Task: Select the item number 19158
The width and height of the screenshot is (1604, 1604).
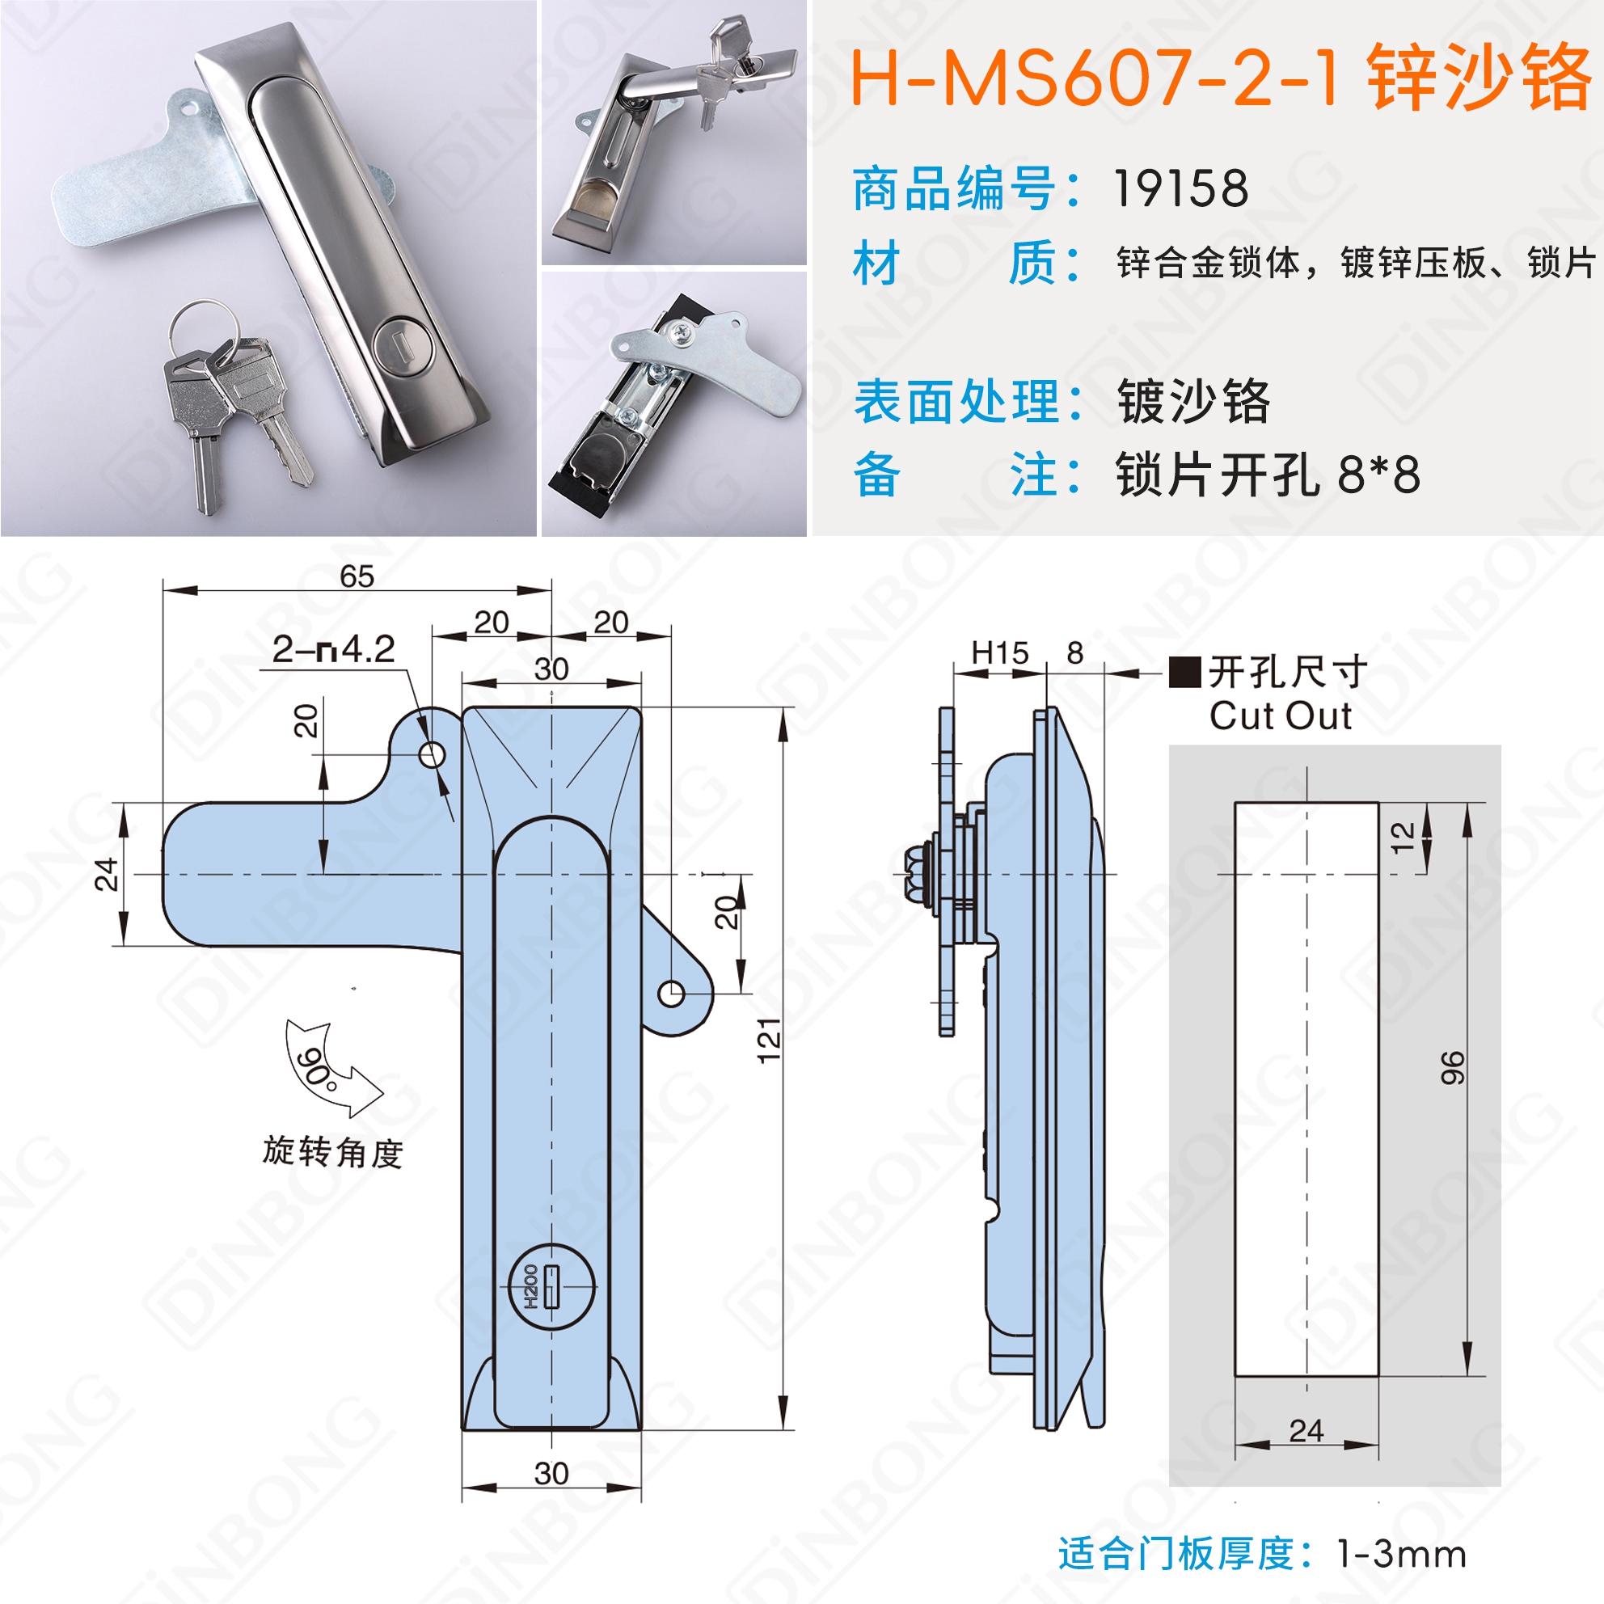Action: tap(1180, 188)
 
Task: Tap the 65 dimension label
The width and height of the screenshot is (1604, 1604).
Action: tap(357, 576)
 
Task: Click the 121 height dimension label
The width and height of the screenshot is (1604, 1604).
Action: tap(770, 1039)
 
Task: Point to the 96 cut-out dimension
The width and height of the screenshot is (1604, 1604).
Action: tap(1452, 1067)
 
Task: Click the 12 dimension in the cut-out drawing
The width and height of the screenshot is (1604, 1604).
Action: tap(1402, 838)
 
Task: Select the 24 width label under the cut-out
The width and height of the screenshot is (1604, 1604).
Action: tap(1306, 1430)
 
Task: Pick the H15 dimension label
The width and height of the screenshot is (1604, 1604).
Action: tap(999, 653)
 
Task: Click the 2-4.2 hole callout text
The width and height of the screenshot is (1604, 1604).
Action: tap(334, 649)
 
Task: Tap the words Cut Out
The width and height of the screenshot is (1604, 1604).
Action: tap(1281, 715)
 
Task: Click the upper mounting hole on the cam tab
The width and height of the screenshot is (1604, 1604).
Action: tap(432, 755)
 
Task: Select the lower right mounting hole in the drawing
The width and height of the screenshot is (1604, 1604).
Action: tap(672, 993)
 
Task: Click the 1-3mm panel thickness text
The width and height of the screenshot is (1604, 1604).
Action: tap(1401, 1554)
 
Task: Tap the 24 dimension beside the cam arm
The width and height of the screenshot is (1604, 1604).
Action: tap(106, 874)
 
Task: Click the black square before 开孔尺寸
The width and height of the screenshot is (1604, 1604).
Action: tap(1184, 672)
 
